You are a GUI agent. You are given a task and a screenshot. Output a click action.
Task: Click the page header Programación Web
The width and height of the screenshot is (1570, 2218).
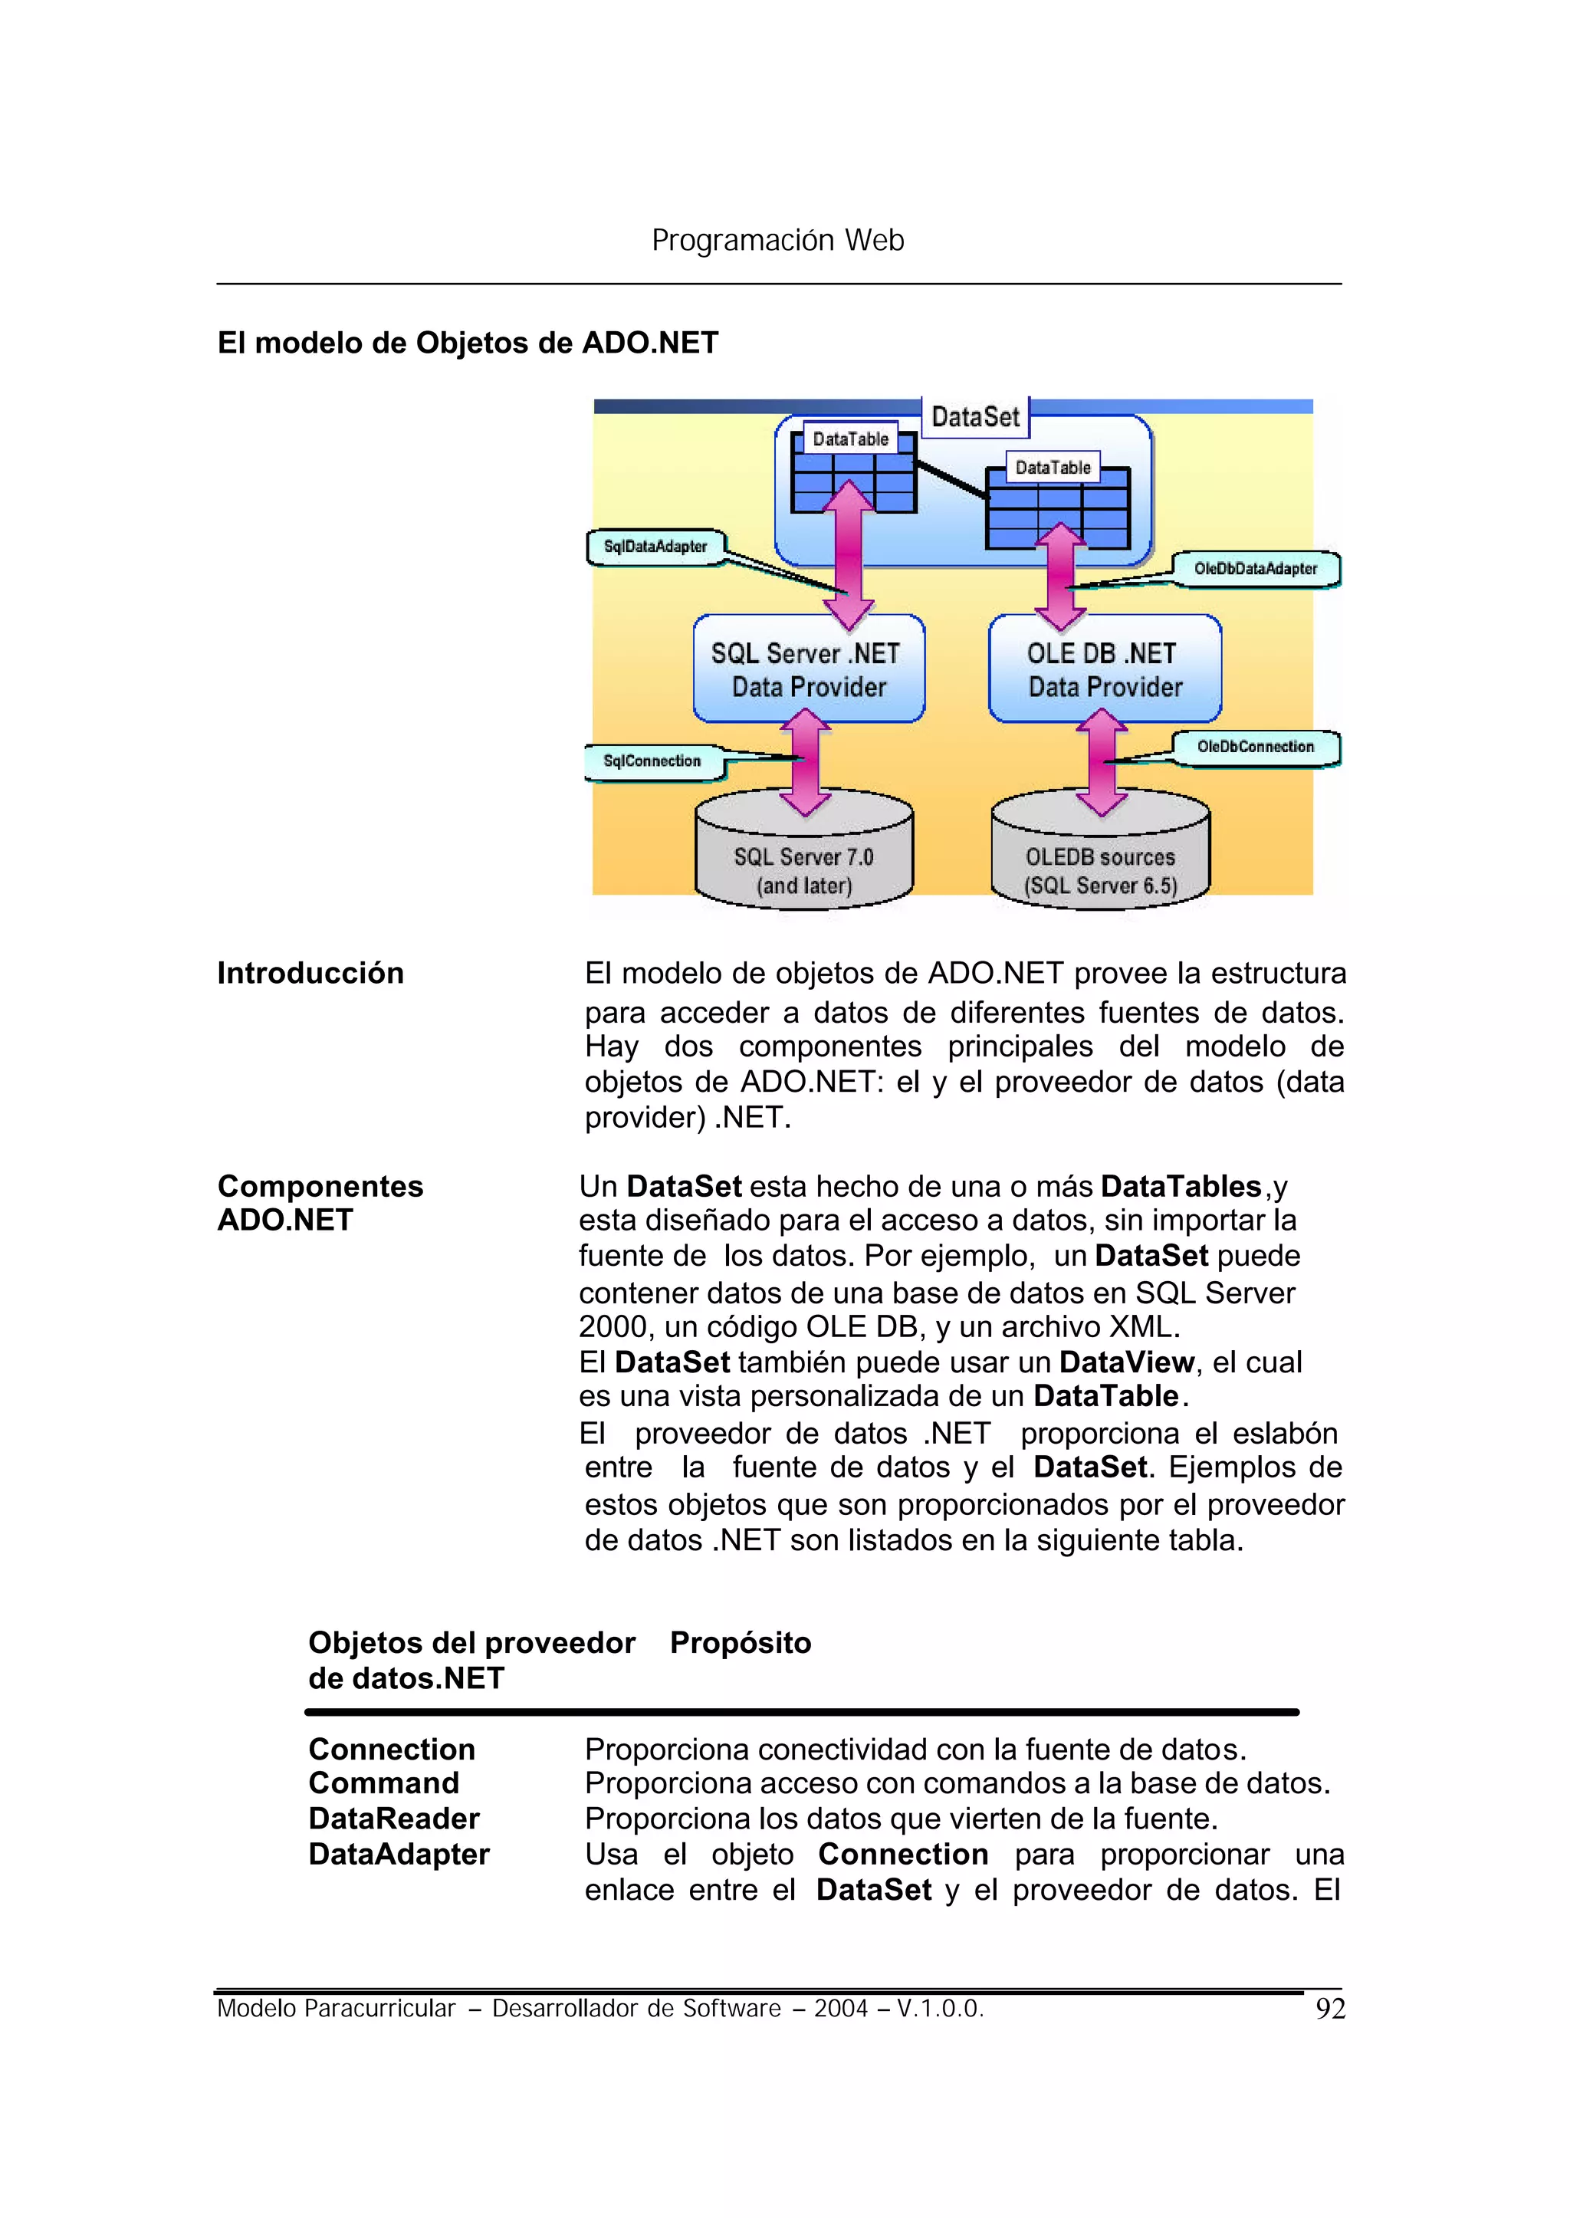777,240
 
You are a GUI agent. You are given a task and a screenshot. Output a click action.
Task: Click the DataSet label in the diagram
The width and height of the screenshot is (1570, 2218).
974,417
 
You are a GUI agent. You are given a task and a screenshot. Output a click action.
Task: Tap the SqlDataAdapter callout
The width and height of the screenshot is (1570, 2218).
655,547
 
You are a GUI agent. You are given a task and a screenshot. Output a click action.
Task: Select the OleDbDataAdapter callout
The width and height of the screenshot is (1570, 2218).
1255,569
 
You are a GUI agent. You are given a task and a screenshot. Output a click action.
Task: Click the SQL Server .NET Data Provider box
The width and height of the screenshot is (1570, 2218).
808,669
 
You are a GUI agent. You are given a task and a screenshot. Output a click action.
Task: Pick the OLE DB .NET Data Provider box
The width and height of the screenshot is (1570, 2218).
1104,669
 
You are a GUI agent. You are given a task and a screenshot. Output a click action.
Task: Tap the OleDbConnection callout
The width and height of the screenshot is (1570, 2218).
1255,747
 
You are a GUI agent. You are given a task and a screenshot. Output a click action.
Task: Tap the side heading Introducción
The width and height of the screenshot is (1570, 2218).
310,973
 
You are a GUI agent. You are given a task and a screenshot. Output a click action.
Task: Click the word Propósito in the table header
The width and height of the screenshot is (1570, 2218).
741,1643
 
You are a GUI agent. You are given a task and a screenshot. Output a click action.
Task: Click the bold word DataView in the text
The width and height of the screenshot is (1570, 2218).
1126,1362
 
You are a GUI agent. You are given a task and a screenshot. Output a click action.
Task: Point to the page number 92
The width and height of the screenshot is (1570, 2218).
1330,2009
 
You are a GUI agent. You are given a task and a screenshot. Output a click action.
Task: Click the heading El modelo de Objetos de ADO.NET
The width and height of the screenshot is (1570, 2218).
468,343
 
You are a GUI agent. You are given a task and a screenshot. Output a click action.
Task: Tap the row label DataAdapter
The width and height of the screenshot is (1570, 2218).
399,1855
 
